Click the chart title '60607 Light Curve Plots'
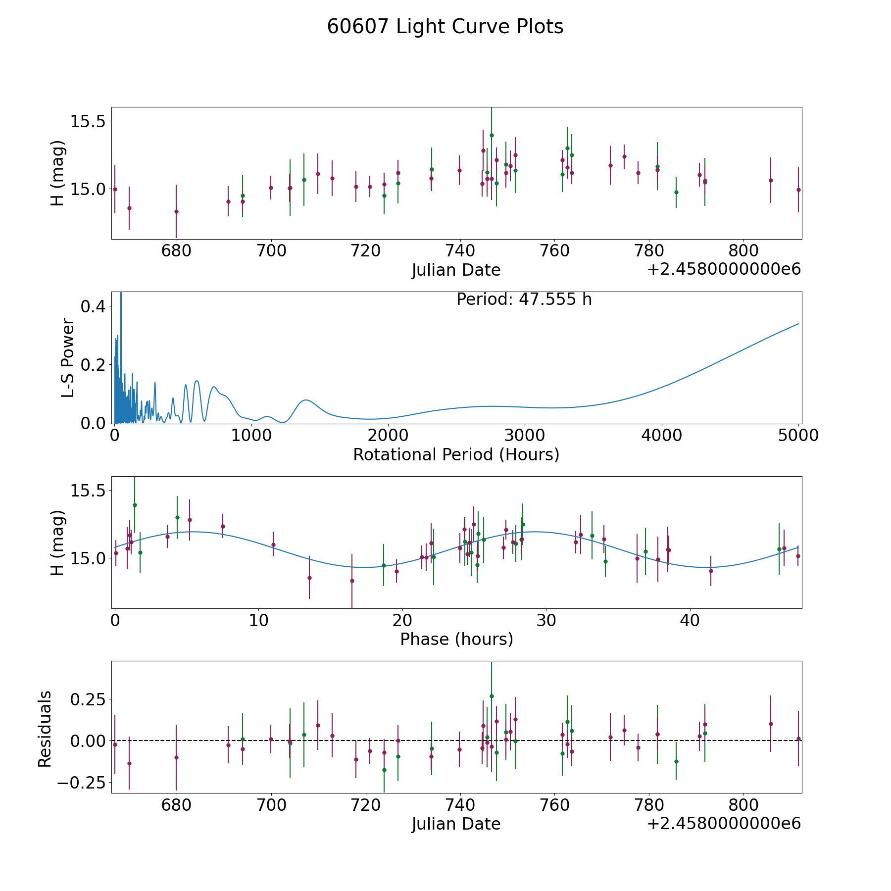pyautogui.click(x=445, y=27)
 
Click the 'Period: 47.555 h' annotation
pyautogui.click(x=524, y=299)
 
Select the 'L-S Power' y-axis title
pyautogui.click(x=68, y=357)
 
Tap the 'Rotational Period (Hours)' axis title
pyautogui.click(x=456, y=454)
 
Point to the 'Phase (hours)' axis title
pyautogui.click(x=456, y=639)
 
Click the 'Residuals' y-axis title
pyautogui.click(x=45, y=729)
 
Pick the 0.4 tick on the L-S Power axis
pyautogui.click(x=93, y=306)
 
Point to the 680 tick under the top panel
pyautogui.click(x=176, y=251)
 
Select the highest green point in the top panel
pyautogui.click(x=492, y=135)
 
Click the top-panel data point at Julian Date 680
pyautogui.click(x=176, y=211)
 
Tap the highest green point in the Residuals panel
pyautogui.click(x=492, y=696)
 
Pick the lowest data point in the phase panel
pyautogui.click(x=352, y=581)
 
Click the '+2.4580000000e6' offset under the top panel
pyautogui.click(x=724, y=269)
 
